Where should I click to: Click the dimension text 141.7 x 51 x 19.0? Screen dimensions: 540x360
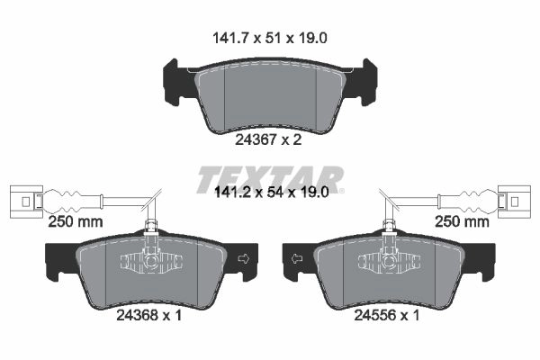pyautogui.click(x=270, y=38)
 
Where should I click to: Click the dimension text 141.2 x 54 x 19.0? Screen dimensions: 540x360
pyautogui.click(x=272, y=193)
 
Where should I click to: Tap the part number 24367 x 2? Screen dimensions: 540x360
pyautogui.click(x=268, y=139)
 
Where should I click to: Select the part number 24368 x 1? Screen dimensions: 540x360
pyautogui.click(x=148, y=315)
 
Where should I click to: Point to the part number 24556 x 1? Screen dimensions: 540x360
pyautogui.click(x=387, y=315)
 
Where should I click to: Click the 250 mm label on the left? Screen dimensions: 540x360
pyautogui.click(x=76, y=221)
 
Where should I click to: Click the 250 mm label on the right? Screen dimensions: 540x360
pyautogui.click(x=462, y=221)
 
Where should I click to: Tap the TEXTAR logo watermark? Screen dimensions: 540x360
pyautogui.click(x=270, y=179)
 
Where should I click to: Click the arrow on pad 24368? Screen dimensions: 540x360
pyautogui.click(x=244, y=259)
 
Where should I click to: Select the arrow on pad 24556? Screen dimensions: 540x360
pyautogui.click(x=297, y=258)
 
